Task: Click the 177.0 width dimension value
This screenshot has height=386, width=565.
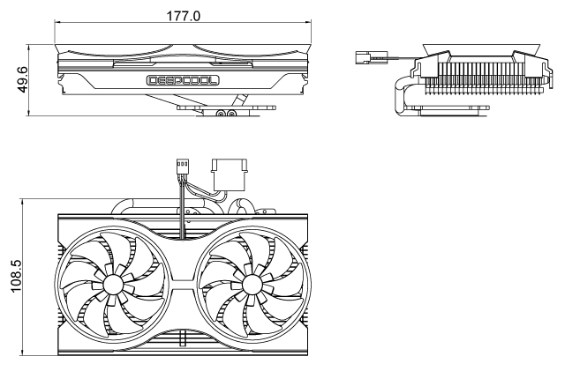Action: pos(184,16)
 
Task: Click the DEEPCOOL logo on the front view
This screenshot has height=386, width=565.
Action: pos(184,80)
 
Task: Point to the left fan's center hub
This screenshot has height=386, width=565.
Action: pos(113,284)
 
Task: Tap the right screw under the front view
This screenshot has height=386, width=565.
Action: pos(232,113)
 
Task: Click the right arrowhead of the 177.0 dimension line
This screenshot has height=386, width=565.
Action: pos(310,24)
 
